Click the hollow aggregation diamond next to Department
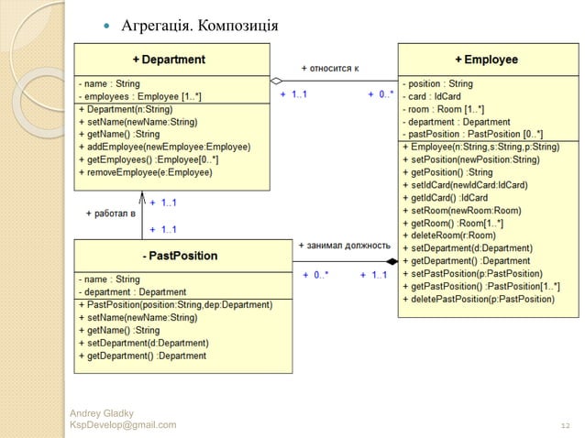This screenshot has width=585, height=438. [x=276, y=80]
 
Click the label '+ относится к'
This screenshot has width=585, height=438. [x=330, y=68]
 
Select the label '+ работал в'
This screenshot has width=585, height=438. [x=110, y=213]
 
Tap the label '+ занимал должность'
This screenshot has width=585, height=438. [x=345, y=246]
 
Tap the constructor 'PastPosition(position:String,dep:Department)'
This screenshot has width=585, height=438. [x=175, y=305]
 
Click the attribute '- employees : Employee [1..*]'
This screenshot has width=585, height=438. [x=139, y=96]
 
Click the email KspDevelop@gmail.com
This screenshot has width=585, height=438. [x=123, y=425]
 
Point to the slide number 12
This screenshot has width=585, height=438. [x=565, y=425]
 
